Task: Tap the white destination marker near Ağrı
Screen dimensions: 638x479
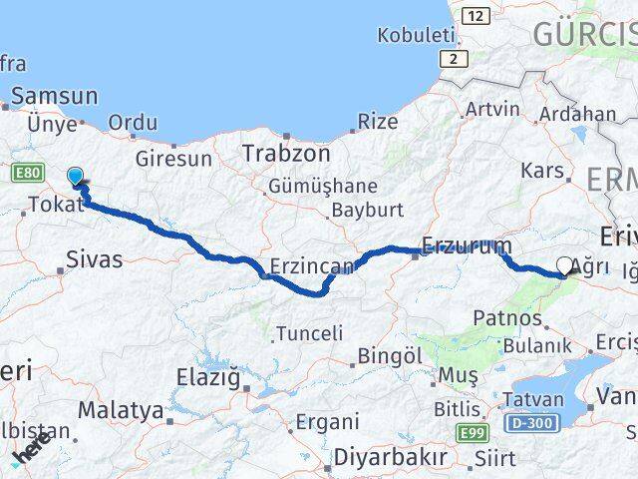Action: (565, 265)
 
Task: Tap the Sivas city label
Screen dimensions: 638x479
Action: (94, 259)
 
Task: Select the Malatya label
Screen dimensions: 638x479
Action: (120, 409)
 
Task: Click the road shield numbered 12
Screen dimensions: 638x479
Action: (477, 15)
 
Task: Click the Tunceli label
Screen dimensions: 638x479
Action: (309, 333)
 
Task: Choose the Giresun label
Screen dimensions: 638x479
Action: (174, 159)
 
